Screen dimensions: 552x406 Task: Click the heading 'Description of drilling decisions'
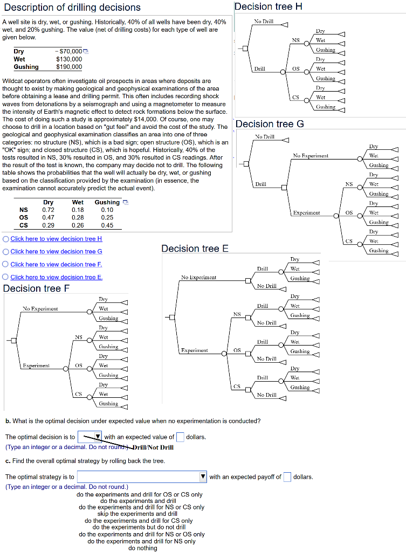tap(72, 8)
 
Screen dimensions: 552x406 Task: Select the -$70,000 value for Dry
tap(69, 51)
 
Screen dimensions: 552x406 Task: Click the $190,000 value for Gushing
tap(69, 67)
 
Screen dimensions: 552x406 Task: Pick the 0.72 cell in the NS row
tap(48, 210)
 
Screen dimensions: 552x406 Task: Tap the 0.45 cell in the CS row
tap(107, 225)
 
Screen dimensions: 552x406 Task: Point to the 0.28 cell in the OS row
tap(77, 217)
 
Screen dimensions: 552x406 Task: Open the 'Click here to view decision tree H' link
tap(56, 239)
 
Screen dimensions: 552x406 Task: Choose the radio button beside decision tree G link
tap(6, 252)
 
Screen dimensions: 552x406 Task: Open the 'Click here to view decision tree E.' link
tap(57, 277)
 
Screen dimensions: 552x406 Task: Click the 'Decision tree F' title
tap(37, 288)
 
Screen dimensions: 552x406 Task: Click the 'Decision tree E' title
tap(195, 249)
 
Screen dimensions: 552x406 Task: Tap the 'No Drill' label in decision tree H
tap(264, 21)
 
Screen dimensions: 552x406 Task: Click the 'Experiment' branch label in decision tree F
tap(37, 365)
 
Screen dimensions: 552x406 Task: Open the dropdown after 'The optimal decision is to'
tap(90, 437)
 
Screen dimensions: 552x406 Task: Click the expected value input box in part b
tap(180, 437)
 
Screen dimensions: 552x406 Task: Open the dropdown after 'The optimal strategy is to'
tap(142, 477)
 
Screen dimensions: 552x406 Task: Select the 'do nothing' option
tap(142, 548)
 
